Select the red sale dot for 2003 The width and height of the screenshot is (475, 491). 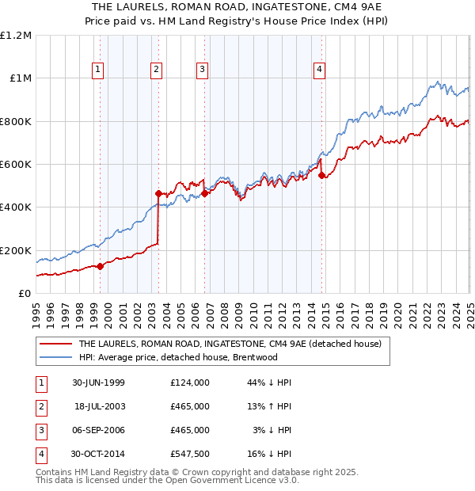[158, 193]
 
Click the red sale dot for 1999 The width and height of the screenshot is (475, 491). [100, 267]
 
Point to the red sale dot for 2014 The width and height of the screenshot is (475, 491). [321, 176]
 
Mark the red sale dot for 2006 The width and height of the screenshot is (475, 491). [204, 193]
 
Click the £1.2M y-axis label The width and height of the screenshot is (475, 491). [16, 36]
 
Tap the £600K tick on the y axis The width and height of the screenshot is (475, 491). [16, 165]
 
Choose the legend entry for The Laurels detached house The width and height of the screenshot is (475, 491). [230, 344]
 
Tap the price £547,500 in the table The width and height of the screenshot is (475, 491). [190, 454]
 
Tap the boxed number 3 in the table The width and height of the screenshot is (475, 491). [40, 430]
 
